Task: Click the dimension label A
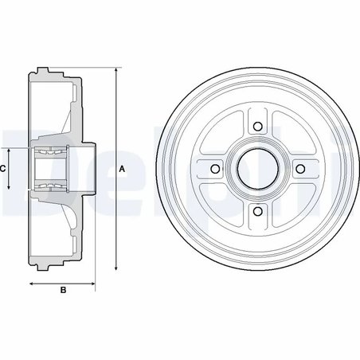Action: [x=122, y=168]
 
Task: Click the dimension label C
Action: [x=4, y=169]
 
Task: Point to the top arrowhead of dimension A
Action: [x=115, y=71]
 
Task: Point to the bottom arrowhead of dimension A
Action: [x=115, y=268]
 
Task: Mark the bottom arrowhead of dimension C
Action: [x=10, y=189]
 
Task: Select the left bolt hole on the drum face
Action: [x=214, y=169]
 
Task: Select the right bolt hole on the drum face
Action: [x=299, y=169]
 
